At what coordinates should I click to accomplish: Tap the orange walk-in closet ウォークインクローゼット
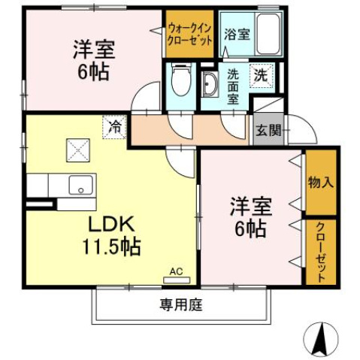coord(190,34)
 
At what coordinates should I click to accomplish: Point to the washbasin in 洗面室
coord(208,85)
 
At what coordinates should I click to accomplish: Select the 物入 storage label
coord(321,183)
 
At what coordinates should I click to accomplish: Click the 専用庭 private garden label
coord(180,305)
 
